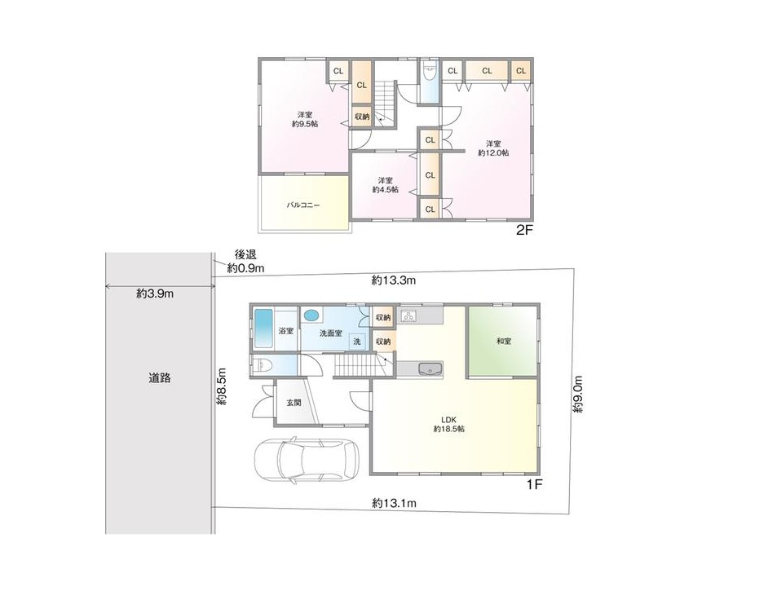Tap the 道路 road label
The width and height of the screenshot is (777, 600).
point(160,378)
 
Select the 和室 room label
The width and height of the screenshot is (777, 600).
point(504,341)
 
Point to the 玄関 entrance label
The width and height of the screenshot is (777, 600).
point(294,403)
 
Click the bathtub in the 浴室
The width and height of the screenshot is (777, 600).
point(263,329)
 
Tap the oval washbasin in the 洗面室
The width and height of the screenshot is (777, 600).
point(311,315)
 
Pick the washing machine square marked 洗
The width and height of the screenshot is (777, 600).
point(357,342)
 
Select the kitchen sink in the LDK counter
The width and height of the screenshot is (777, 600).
point(430,369)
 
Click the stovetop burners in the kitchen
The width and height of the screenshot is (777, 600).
point(410,315)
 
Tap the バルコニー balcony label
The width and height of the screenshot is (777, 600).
point(303,205)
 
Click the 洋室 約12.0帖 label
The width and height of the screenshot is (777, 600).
point(493,148)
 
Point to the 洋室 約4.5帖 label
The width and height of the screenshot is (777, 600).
point(386,185)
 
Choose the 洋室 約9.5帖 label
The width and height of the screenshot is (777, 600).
point(305,119)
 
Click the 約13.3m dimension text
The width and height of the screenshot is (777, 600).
point(394,281)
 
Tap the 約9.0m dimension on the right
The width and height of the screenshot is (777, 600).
point(578,395)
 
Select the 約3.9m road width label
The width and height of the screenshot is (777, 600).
point(155,293)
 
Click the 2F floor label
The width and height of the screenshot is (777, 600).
point(525,230)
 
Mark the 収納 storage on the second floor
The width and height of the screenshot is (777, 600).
point(362,117)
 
